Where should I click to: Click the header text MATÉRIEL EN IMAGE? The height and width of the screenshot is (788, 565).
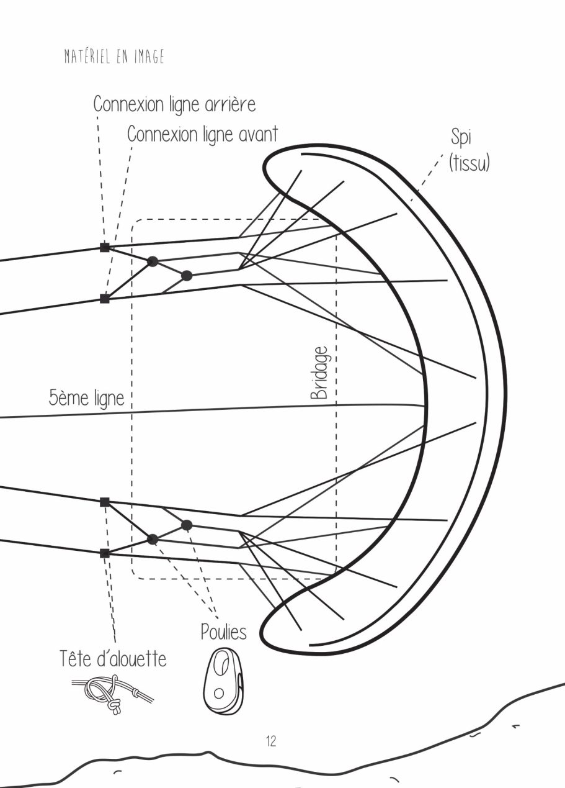(x=114, y=57)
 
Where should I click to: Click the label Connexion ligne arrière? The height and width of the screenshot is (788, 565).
(x=175, y=104)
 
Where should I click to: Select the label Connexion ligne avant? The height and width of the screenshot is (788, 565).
(x=203, y=134)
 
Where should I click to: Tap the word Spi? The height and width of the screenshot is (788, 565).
(x=461, y=138)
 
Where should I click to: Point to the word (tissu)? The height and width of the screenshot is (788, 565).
(x=469, y=163)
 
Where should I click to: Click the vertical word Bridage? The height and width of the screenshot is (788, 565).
(x=319, y=373)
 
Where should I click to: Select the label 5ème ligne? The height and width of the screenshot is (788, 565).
(x=86, y=398)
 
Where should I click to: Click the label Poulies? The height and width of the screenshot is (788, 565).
(x=223, y=632)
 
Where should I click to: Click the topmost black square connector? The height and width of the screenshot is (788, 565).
(x=104, y=247)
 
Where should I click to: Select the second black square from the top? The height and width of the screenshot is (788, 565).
(x=104, y=299)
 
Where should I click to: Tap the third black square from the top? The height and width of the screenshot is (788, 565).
(x=104, y=502)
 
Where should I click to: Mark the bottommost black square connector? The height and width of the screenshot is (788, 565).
(x=104, y=553)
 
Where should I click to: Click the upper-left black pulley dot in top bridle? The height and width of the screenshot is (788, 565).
(x=153, y=261)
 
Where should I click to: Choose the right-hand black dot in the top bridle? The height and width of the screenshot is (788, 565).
(x=187, y=276)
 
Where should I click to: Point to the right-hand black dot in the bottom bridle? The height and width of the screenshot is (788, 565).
(x=187, y=525)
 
